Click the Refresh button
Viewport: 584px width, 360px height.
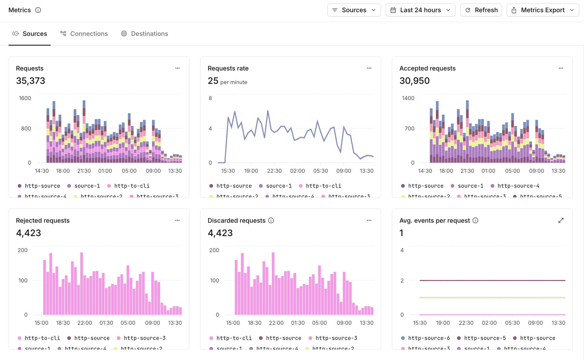click(481, 10)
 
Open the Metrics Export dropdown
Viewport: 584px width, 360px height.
click(543, 10)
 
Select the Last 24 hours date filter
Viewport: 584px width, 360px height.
click(420, 10)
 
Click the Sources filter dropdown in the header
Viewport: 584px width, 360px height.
click(354, 10)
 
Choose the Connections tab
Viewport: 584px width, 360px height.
click(84, 34)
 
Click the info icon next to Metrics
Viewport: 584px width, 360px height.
click(38, 10)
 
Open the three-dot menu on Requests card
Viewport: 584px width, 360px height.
click(177, 68)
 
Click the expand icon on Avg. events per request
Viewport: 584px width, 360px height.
click(561, 221)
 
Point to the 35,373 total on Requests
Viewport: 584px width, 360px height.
click(31, 81)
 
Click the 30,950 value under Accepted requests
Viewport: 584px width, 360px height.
click(414, 81)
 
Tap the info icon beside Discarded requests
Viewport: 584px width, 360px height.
click(271, 221)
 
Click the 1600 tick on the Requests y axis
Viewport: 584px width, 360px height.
click(25, 98)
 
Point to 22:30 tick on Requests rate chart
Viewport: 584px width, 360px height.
click(274, 171)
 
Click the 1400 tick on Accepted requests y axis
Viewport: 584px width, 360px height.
click(408, 98)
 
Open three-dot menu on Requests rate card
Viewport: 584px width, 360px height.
click(369, 68)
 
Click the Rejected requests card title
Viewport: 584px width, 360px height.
click(43, 221)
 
